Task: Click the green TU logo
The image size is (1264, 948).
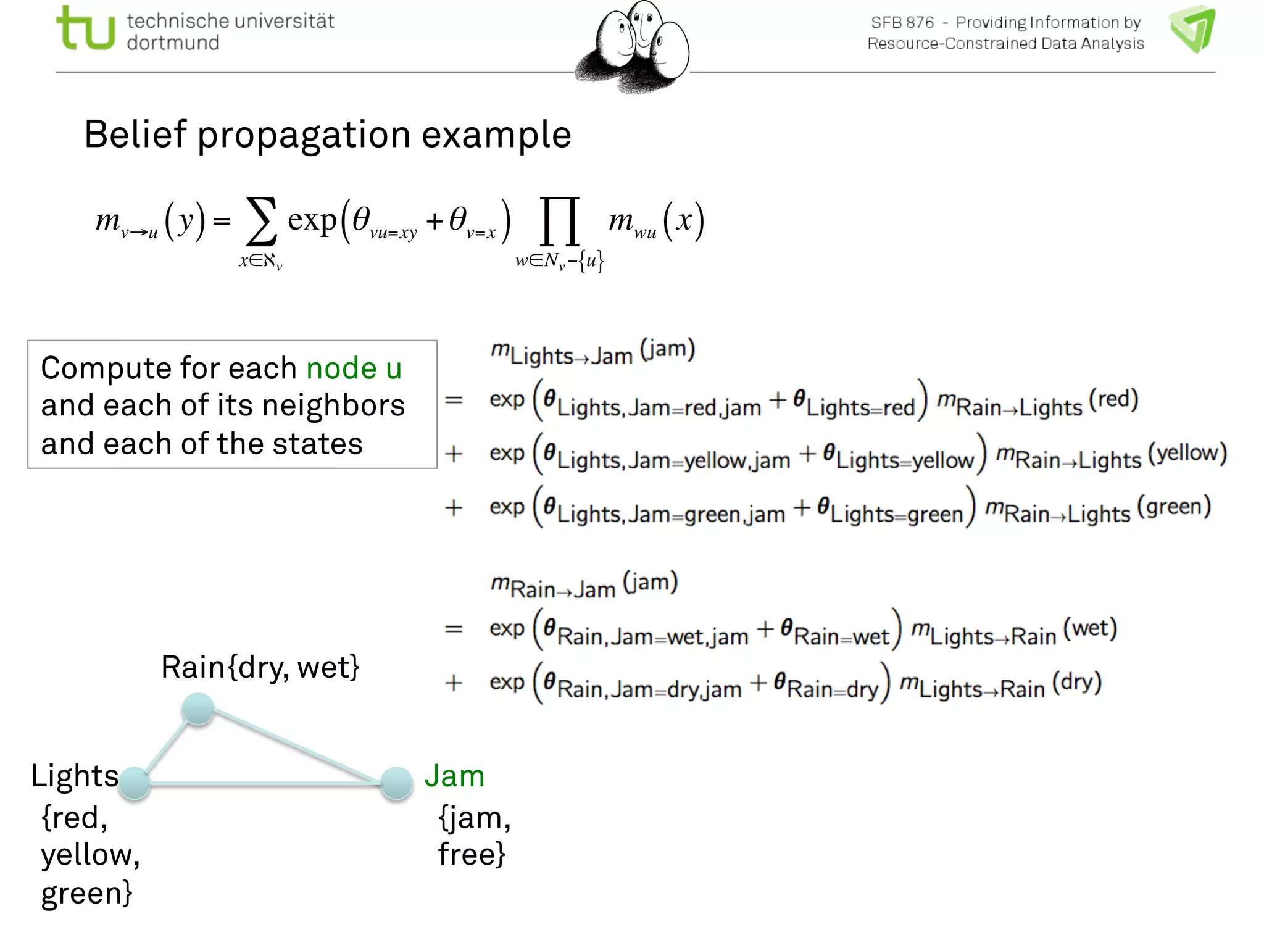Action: pos(85,28)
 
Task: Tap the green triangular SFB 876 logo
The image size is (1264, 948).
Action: pos(1193,28)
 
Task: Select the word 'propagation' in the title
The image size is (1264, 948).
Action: pos(304,135)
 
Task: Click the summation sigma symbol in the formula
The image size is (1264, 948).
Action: pos(260,222)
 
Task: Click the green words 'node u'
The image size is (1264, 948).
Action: pos(354,368)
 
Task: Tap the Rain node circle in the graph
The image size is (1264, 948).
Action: pos(198,709)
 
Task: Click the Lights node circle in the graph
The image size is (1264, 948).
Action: pos(135,783)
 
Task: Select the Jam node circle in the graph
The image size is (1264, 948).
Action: pos(396,783)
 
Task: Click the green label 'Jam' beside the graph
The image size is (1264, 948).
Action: pos(454,776)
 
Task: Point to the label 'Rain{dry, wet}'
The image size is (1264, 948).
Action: pos(260,667)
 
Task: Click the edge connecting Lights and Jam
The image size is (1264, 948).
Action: pos(265,784)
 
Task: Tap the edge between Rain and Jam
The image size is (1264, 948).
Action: pos(296,746)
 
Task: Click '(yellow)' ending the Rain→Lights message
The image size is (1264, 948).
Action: pos(1187,454)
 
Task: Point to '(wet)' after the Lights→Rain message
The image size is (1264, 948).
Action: pos(1090,629)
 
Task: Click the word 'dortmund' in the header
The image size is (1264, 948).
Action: pos(173,43)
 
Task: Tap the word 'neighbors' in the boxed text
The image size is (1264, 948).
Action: pos(333,406)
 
